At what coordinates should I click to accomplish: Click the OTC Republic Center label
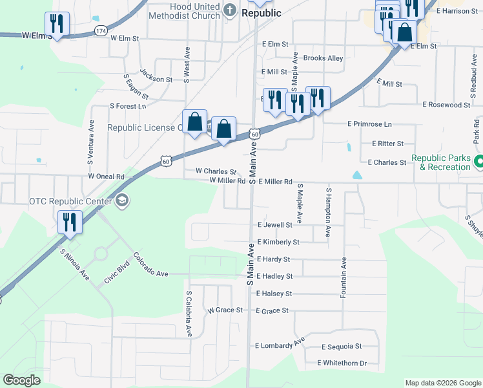70,200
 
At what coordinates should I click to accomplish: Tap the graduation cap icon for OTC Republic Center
122,201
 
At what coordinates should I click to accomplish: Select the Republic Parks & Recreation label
440,162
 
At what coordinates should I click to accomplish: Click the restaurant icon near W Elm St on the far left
57,25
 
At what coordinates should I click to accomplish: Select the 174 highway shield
100,31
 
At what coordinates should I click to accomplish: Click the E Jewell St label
274,225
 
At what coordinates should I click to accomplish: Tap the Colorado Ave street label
150,267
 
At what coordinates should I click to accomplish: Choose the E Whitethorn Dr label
342,363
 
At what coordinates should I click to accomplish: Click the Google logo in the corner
22,380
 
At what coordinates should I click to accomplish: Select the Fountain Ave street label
344,276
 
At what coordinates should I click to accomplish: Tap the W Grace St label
225,310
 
